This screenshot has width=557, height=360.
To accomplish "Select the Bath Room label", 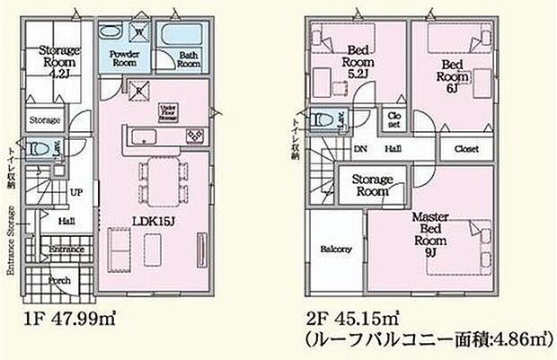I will (189, 60).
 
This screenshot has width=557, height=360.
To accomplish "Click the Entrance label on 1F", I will (66, 249).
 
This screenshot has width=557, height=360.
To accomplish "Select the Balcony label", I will (335, 250).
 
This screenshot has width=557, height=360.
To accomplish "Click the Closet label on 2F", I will (465, 149).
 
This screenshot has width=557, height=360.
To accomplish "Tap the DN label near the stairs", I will (359, 150).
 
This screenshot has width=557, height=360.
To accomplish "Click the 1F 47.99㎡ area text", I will (70, 316).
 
